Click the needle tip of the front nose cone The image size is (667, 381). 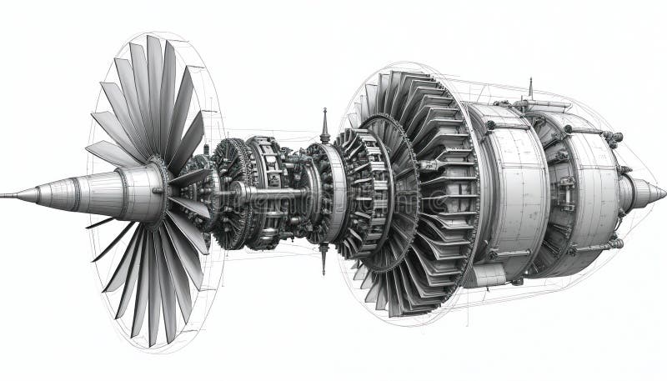coord(5,196)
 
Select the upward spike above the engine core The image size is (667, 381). coord(324,126)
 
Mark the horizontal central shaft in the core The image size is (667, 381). coord(258,193)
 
